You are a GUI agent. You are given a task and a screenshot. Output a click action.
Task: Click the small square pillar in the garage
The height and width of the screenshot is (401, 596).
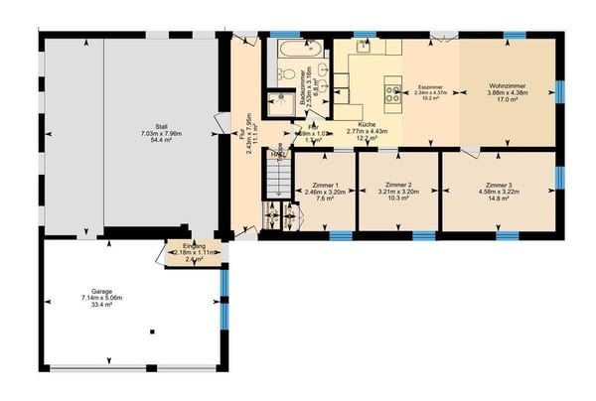pos(152,332)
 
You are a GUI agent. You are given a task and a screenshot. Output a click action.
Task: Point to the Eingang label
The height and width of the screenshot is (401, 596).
pos(195,245)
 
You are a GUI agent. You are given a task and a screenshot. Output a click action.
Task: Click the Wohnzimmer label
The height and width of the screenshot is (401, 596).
pos(506,86)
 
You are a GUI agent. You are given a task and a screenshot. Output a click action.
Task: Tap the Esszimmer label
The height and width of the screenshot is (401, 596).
pos(429,86)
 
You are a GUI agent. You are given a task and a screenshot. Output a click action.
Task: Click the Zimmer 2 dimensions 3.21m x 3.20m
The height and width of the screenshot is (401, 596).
pos(398,193)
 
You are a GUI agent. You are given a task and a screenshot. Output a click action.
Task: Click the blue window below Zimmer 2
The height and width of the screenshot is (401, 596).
pos(424,236)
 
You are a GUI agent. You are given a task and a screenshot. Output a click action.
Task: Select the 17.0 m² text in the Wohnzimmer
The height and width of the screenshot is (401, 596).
pos(506,99)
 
